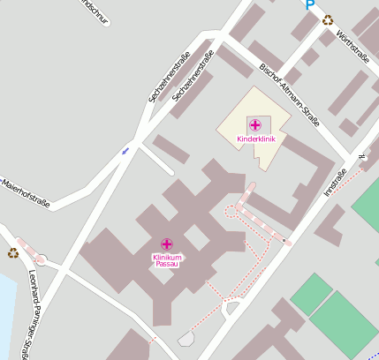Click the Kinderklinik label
click(x=255, y=139)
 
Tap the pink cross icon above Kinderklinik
click(x=255, y=125)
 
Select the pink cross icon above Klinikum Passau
click(x=167, y=244)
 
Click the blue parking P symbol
click(x=309, y=4)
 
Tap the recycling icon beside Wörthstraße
click(x=328, y=19)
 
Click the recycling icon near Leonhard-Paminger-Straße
click(x=13, y=253)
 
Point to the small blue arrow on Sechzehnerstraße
click(x=125, y=151)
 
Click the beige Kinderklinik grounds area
click(x=239, y=119)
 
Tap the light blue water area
click(x=5, y=309)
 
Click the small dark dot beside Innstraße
click(x=284, y=240)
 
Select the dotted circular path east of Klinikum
click(x=233, y=210)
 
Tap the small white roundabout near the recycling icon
click(x=41, y=260)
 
